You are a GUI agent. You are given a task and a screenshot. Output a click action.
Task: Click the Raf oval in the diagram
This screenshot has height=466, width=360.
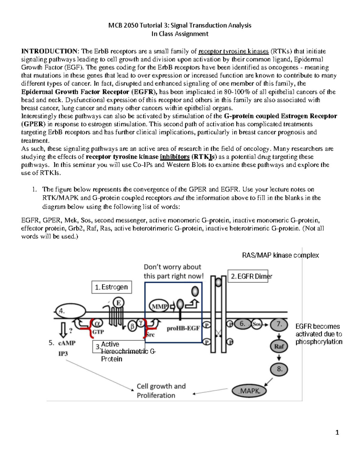(x=279, y=346)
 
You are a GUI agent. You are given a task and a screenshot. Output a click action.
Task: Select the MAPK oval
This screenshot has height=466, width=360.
(x=249, y=391)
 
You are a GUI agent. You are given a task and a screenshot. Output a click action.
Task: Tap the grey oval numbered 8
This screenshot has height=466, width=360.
(x=280, y=369)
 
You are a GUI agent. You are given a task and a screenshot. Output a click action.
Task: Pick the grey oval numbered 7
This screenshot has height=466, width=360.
(x=279, y=324)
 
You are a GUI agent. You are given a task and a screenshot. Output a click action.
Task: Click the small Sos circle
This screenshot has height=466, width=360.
(x=256, y=324)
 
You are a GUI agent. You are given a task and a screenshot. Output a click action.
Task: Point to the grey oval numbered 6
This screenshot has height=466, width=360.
(x=242, y=324)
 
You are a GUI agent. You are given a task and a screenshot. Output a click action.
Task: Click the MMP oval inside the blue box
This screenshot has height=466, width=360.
(x=159, y=306)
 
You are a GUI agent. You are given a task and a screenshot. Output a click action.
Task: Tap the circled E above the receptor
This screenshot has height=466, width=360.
(x=118, y=303)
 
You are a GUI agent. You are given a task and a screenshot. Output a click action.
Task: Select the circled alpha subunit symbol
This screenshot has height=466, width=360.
(x=97, y=323)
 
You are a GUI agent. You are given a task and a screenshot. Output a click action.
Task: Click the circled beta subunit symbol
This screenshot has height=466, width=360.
(x=132, y=326)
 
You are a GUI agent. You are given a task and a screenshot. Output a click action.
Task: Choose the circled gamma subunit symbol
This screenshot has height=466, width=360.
(x=141, y=323)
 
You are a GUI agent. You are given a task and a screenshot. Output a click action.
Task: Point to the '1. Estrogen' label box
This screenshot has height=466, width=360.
(x=112, y=287)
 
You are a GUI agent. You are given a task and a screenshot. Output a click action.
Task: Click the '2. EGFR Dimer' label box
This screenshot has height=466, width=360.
(x=248, y=276)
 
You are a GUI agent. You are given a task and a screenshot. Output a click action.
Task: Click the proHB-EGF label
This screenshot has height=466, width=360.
(x=183, y=328)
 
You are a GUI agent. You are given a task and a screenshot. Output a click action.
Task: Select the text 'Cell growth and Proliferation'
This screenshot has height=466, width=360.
(x=161, y=391)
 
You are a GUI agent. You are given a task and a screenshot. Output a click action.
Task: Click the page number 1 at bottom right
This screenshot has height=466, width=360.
(x=337, y=432)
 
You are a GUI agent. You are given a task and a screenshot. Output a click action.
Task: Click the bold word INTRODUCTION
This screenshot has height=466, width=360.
(x=49, y=51)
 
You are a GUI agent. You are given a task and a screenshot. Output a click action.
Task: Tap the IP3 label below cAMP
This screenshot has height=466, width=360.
(x=63, y=353)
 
